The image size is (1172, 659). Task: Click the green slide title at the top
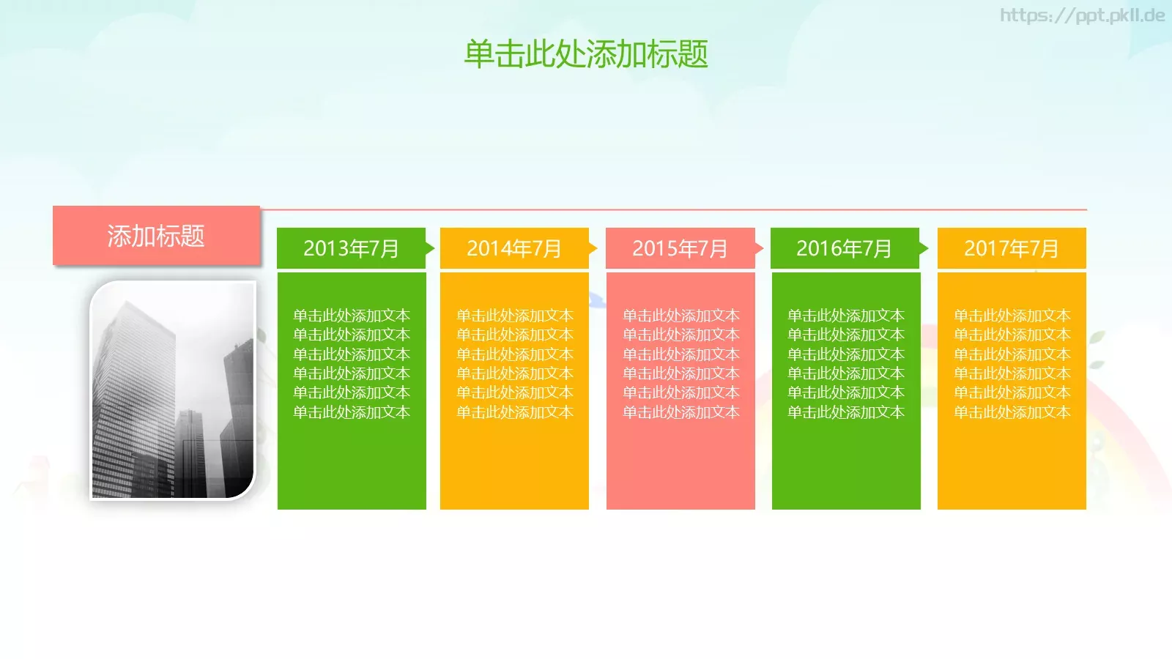pyautogui.click(x=586, y=54)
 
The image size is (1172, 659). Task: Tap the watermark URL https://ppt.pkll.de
pyautogui.click(x=1082, y=15)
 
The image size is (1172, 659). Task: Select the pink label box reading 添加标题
pyautogui.click(x=156, y=236)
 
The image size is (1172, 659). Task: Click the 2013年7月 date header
pyautogui.click(x=351, y=248)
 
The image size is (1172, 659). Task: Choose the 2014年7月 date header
pyautogui.click(x=514, y=248)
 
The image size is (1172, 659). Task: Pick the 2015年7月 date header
pyautogui.click(x=680, y=248)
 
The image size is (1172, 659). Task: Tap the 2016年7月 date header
pyautogui.click(x=844, y=248)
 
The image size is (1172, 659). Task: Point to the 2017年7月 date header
pyautogui.click(x=1012, y=248)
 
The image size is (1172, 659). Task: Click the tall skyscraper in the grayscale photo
pyautogui.click(x=136, y=395)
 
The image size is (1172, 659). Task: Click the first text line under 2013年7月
pyautogui.click(x=352, y=316)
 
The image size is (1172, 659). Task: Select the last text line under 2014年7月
pyautogui.click(x=515, y=412)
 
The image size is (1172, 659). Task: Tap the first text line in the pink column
pyautogui.click(x=681, y=316)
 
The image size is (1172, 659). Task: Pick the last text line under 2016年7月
pyautogui.click(x=846, y=412)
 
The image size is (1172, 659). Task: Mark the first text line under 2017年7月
pyautogui.click(x=1012, y=316)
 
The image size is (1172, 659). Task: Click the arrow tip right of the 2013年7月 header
pyautogui.click(x=431, y=248)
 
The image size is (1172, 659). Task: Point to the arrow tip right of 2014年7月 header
pyautogui.click(x=593, y=248)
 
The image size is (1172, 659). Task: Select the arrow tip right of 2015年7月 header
pyautogui.click(x=760, y=248)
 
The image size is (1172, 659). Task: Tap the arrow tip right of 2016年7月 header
pyautogui.click(x=924, y=248)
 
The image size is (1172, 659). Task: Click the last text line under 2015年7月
pyautogui.click(x=681, y=412)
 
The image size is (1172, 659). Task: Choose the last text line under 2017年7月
pyautogui.click(x=1012, y=412)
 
